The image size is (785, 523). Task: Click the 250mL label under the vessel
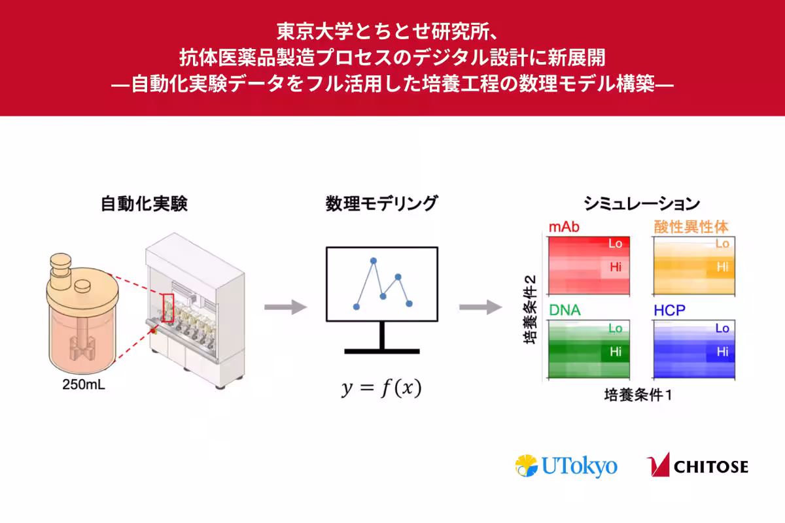coord(82,384)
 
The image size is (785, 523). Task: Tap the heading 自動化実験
coord(144,204)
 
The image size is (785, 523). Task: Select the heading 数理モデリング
coord(381,204)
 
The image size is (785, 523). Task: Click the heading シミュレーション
coord(642,204)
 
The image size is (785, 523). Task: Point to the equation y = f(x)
coord(381,388)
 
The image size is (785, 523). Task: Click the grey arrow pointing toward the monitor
coord(285,307)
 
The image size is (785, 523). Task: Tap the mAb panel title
coord(565,228)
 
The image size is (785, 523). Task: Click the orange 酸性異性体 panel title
coord(691,227)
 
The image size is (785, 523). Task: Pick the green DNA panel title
coord(565,311)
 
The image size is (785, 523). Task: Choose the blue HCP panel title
coord(669,311)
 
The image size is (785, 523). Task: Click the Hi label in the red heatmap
coord(616,267)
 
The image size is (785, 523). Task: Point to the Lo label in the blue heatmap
coord(722,328)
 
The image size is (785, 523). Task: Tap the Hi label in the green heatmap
coord(616,351)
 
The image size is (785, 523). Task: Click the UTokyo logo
coord(566,466)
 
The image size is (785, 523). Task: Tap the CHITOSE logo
coord(697,465)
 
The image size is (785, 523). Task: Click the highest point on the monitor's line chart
coord(374,261)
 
